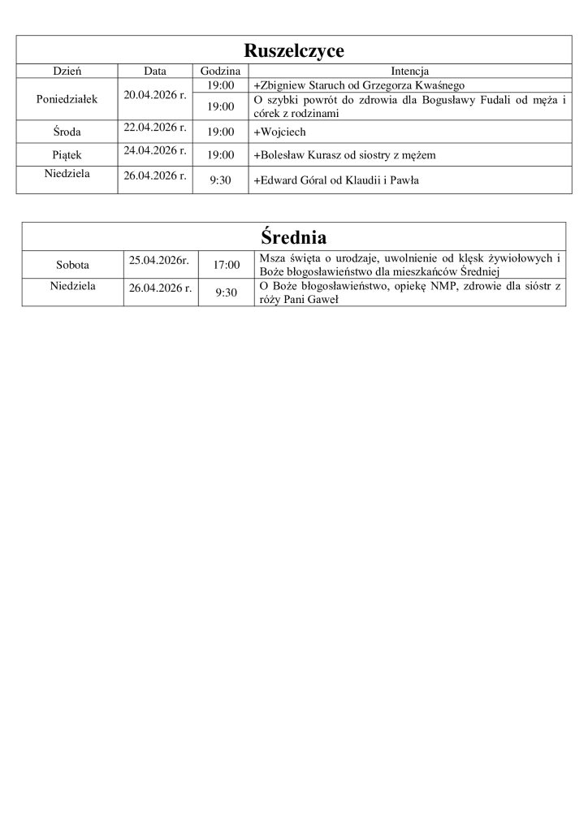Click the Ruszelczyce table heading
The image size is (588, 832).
point(294,51)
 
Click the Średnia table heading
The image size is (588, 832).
point(294,238)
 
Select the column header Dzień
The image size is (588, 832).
point(67,71)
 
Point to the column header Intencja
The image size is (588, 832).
point(410,71)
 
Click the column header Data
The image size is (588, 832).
point(154,71)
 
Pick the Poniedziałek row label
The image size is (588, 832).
point(67,99)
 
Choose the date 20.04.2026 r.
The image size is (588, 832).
point(154,95)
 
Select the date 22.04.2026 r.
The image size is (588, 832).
point(154,127)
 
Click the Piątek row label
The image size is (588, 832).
point(67,155)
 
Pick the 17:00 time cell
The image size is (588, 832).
point(227,265)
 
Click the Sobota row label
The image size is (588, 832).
point(73,265)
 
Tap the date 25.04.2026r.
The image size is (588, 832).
point(159,260)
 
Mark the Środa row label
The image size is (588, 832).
point(67,132)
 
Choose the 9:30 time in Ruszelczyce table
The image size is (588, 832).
point(220,180)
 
